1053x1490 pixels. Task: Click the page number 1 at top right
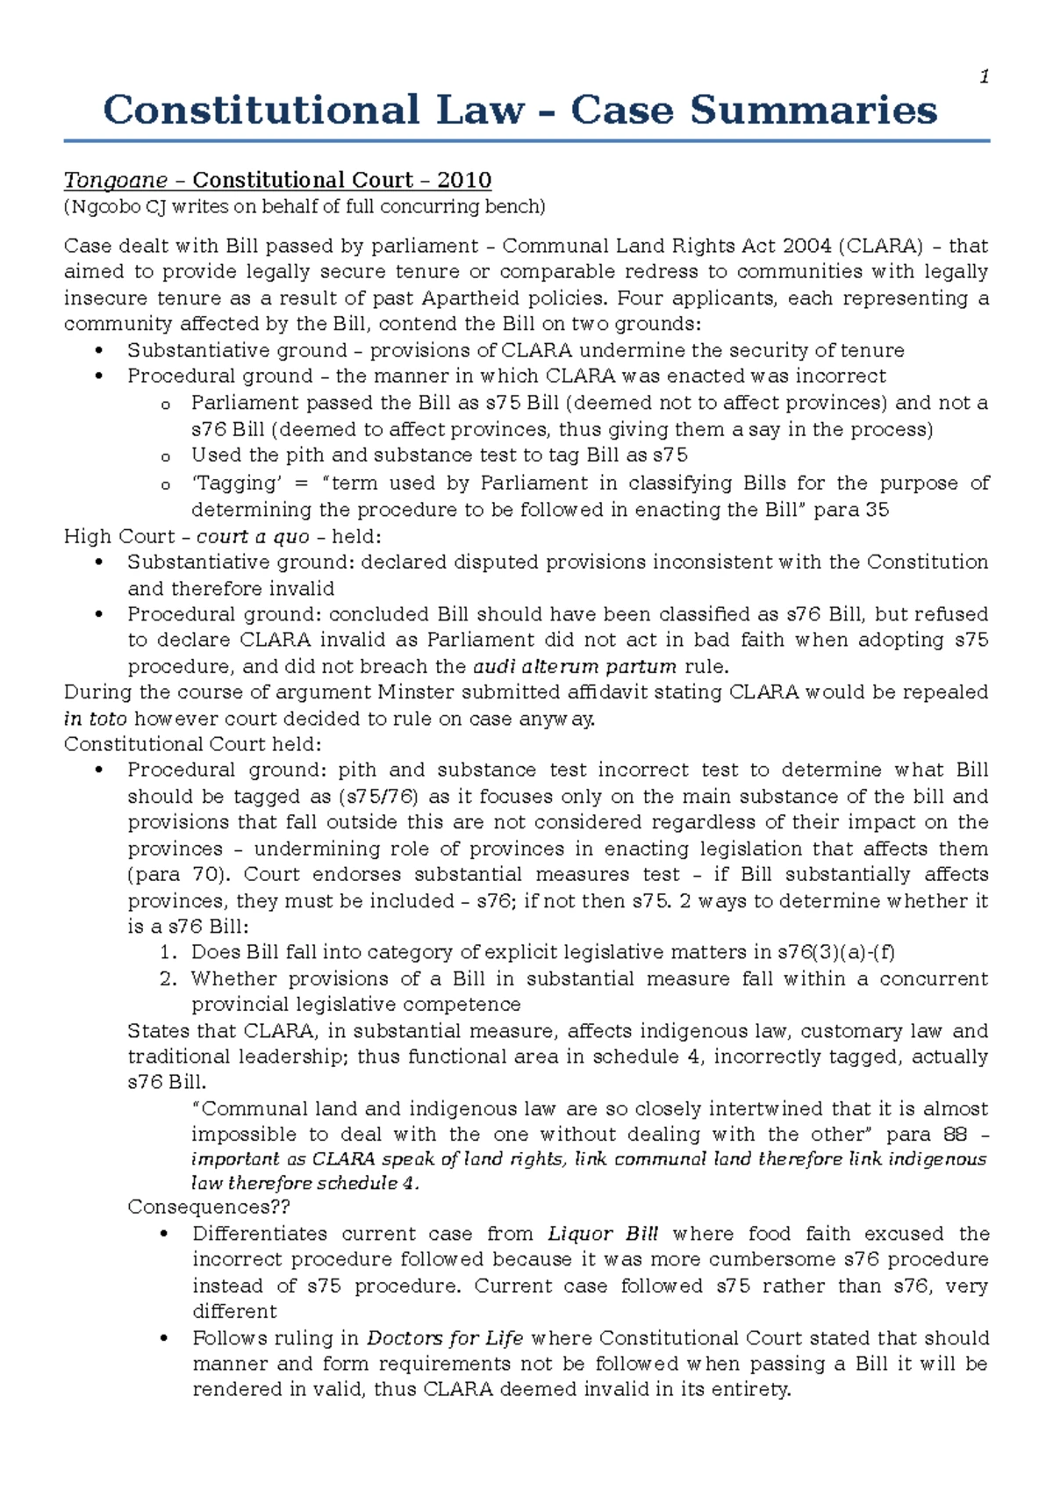coord(985,77)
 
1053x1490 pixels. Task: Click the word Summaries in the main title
coord(813,111)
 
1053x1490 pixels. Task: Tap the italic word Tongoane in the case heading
coord(115,181)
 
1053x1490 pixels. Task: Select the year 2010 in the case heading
coord(464,181)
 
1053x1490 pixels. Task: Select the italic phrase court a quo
coord(253,536)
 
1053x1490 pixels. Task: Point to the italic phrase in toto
coord(95,719)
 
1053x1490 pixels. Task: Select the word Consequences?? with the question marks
coord(209,1207)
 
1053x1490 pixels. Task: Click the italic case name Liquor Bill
coord(603,1234)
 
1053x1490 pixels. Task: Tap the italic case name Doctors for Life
coord(445,1338)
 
